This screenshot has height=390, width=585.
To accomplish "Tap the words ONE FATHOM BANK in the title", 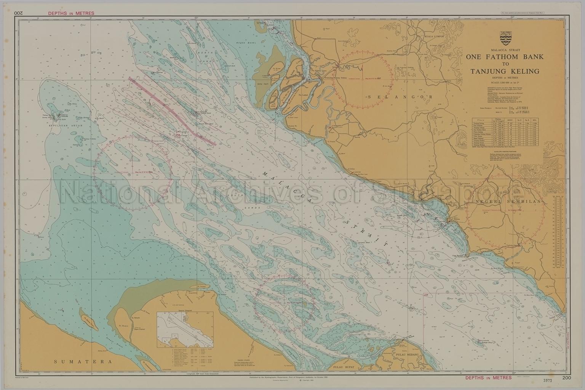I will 505,57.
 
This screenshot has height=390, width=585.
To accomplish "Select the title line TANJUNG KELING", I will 505,71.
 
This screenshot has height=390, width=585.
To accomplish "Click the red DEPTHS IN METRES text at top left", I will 71,13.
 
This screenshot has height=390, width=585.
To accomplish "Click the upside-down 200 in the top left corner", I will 19,13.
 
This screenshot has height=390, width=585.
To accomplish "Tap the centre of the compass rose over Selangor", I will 366,80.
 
